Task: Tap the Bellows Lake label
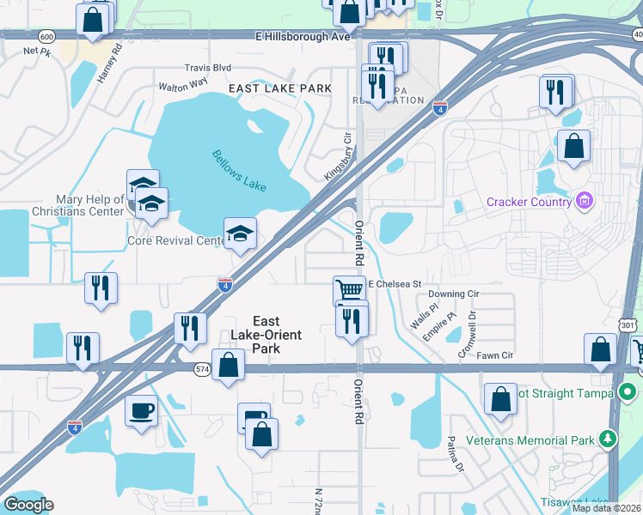(x=240, y=170)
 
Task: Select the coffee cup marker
(x=141, y=410)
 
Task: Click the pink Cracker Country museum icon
(x=585, y=202)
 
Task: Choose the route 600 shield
(x=47, y=36)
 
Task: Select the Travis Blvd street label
(x=208, y=67)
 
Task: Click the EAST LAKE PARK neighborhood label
(x=280, y=88)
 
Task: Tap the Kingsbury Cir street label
(x=338, y=155)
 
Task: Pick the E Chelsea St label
(x=395, y=283)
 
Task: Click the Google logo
(x=28, y=505)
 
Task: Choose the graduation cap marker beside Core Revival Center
(x=241, y=233)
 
